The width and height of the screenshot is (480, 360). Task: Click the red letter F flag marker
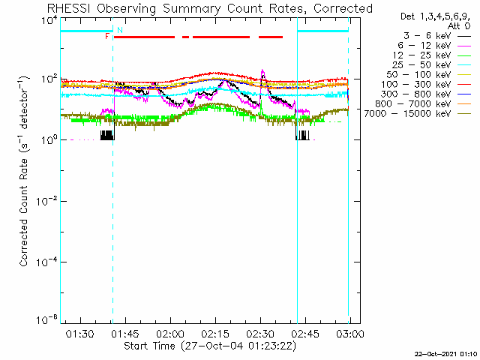(x=108, y=36)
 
